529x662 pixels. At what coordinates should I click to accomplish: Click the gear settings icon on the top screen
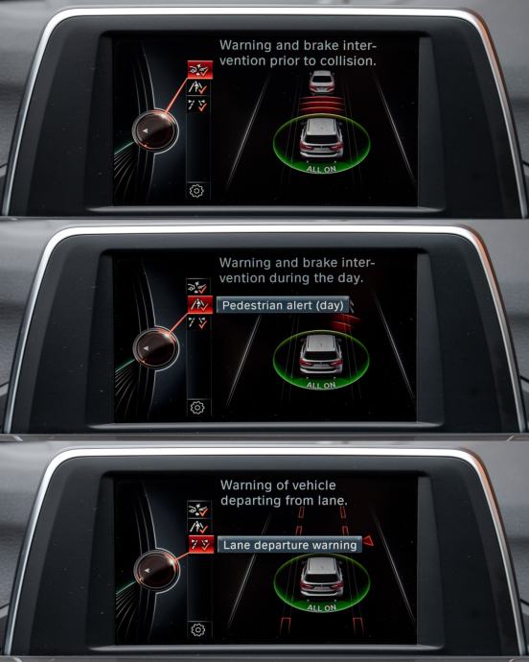pyautogui.click(x=196, y=191)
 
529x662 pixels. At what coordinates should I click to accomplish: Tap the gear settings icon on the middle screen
pyautogui.click(x=197, y=408)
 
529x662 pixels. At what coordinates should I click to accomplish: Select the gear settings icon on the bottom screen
pyautogui.click(x=197, y=630)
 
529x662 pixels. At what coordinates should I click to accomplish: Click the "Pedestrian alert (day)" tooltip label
pyautogui.click(x=283, y=305)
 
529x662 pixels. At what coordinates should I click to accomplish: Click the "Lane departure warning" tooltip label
pyautogui.click(x=289, y=545)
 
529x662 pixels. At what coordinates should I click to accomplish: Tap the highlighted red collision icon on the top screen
pyautogui.click(x=200, y=70)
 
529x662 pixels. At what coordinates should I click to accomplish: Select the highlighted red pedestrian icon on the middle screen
pyautogui.click(x=200, y=304)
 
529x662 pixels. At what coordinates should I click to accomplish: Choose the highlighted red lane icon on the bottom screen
pyautogui.click(x=201, y=544)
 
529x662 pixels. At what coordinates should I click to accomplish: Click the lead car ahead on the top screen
pyautogui.click(x=322, y=82)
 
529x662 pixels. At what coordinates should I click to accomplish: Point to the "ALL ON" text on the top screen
pyautogui.click(x=321, y=169)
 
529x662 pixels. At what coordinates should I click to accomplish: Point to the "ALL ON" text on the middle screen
pyautogui.click(x=321, y=385)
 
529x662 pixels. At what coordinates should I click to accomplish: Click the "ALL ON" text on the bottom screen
pyautogui.click(x=321, y=607)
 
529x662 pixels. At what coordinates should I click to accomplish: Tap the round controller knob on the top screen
pyautogui.click(x=155, y=130)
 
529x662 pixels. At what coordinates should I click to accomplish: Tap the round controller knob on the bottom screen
pyautogui.click(x=156, y=571)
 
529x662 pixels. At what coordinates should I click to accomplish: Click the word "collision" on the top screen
pyautogui.click(x=348, y=61)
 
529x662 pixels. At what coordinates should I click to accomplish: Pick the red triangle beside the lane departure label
pyautogui.click(x=368, y=541)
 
